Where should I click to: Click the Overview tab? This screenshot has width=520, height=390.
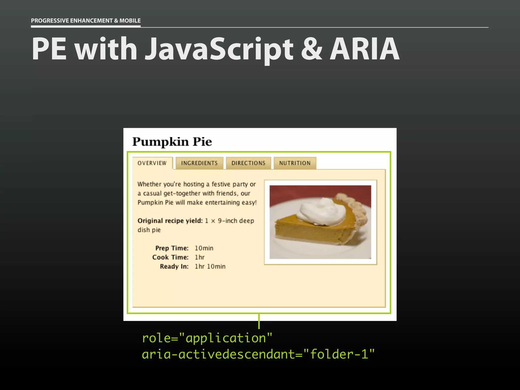click(x=152, y=163)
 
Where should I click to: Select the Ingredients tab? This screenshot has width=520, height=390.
click(x=199, y=163)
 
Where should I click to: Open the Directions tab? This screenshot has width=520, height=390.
click(x=248, y=163)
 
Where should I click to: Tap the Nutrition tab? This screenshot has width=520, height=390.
click(x=295, y=163)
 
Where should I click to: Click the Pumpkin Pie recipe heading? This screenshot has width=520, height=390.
click(x=172, y=142)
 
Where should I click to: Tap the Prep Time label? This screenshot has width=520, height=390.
click(x=172, y=248)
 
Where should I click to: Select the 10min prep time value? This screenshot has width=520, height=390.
click(x=204, y=248)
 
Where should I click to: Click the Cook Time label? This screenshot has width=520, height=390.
click(x=170, y=257)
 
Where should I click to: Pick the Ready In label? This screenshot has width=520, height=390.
click(x=174, y=266)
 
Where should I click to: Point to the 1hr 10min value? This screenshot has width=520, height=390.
click(x=210, y=266)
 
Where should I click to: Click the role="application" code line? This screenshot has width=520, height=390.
click(x=207, y=338)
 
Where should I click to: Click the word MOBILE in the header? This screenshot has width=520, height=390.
click(x=130, y=21)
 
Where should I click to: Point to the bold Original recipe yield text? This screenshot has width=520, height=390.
click(x=170, y=221)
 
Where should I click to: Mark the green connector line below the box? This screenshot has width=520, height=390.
click(x=259, y=321)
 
